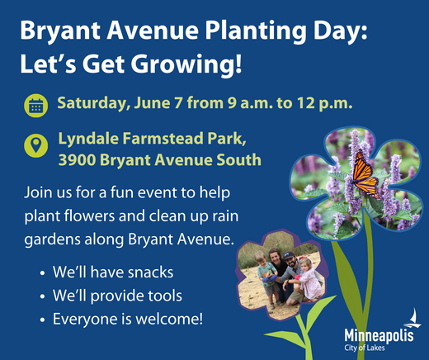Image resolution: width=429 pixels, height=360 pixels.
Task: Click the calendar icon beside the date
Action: coord(35,106)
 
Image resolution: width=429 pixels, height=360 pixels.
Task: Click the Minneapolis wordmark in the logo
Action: coord(379,336)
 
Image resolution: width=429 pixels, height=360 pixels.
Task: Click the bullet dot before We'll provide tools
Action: coord(43,296)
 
